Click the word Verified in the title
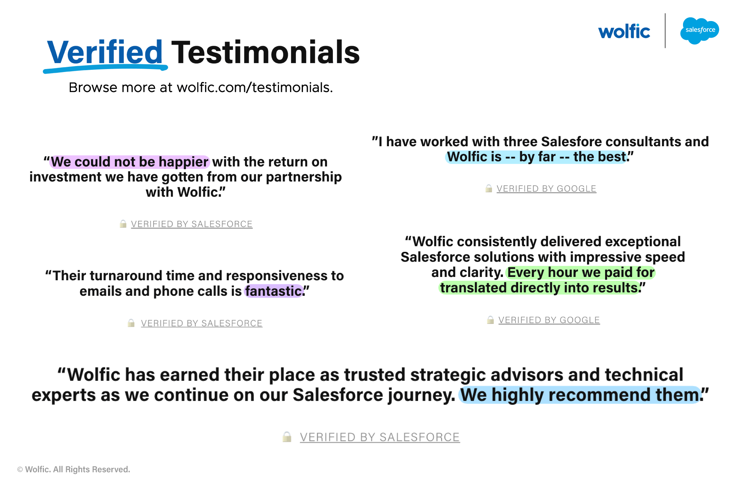(105, 52)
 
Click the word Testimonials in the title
(266, 52)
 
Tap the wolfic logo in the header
(624, 31)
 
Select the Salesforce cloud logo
(700, 31)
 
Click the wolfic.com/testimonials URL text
(255, 88)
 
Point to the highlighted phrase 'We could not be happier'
(130, 162)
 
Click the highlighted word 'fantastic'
(273, 291)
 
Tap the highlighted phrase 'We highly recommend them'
(580, 395)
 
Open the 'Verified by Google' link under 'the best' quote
(546, 189)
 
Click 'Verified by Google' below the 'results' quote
(549, 320)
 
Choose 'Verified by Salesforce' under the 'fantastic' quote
(201, 323)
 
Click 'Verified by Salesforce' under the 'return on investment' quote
(192, 224)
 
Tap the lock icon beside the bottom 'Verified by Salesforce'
(287, 437)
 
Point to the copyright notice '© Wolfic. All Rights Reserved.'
(74, 469)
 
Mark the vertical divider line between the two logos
(665, 31)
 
